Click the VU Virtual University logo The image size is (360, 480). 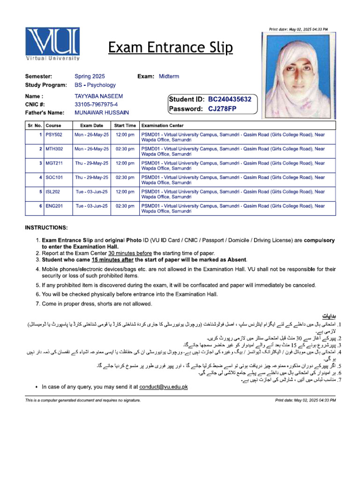(x=52, y=44)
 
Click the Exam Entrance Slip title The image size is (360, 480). (x=170, y=47)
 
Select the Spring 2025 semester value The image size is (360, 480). (x=90, y=76)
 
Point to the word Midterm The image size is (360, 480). (x=169, y=76)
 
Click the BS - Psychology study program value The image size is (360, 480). (x=95, y=85)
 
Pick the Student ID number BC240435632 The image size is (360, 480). (x=230, y=99)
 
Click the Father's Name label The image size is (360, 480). (x=45, y=113)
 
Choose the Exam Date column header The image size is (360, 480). (x=92, y=126)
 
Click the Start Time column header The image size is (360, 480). (x=125, y=126)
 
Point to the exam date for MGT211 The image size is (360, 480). (x=92, y=163)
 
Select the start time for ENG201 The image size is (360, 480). (x=125, y=206)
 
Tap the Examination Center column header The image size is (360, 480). (x=162, y=126)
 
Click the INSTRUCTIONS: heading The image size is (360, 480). (x=46, y=228)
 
